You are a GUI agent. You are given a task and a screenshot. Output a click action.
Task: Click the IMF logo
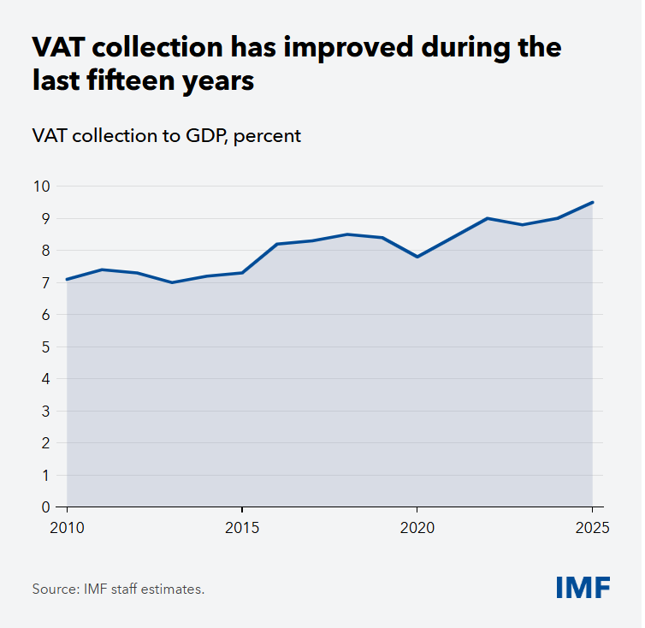pos(583,587)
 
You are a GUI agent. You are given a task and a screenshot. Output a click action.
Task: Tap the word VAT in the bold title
pos(58,47)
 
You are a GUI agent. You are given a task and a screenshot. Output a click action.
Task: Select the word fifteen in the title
pos(131,80)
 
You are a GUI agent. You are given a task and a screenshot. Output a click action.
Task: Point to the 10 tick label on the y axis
pos(42,187)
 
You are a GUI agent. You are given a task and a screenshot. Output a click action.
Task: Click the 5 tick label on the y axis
pos(45,347)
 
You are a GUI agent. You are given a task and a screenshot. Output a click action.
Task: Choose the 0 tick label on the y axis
pos(45,507)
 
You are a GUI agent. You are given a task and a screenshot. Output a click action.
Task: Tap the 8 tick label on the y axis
pos(45,251)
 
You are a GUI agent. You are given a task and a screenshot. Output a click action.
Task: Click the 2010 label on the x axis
pos(67,528)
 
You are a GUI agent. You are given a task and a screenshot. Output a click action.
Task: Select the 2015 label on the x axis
pos(242,528)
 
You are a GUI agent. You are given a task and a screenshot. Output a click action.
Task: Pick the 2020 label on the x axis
pos(417,528)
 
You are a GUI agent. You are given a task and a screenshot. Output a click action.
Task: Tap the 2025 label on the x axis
pos(592,528)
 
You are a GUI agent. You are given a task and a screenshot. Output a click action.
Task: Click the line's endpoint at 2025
pos(592,202)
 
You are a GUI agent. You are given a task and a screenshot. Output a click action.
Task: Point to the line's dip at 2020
pos(417,257)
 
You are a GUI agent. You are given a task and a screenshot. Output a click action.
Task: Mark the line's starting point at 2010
pos(67,280)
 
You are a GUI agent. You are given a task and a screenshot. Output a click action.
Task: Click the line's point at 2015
pos(242,273)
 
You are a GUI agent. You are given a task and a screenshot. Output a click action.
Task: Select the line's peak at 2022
pos(488,218)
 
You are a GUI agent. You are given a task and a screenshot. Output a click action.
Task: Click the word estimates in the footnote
pos(173,589)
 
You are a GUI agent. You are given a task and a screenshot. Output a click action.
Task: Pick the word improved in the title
pos(348,48)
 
